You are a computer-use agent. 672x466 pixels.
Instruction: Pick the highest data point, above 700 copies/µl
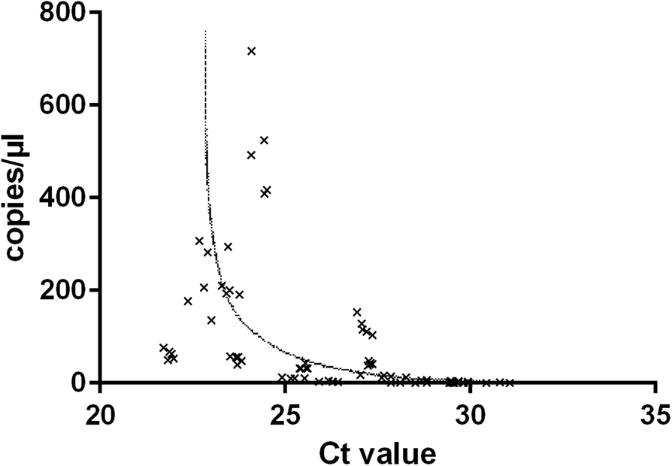252,51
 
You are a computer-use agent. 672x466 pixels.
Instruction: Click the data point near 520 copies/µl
264,140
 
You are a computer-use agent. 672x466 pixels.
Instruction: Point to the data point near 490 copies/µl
251,155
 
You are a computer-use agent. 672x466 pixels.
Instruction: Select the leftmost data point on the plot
163,347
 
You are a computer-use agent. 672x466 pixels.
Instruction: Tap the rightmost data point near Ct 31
510,383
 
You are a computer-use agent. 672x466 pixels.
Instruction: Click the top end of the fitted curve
205,32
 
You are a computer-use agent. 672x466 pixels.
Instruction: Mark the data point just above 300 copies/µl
199,241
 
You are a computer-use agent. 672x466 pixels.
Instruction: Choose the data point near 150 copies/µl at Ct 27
357,312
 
